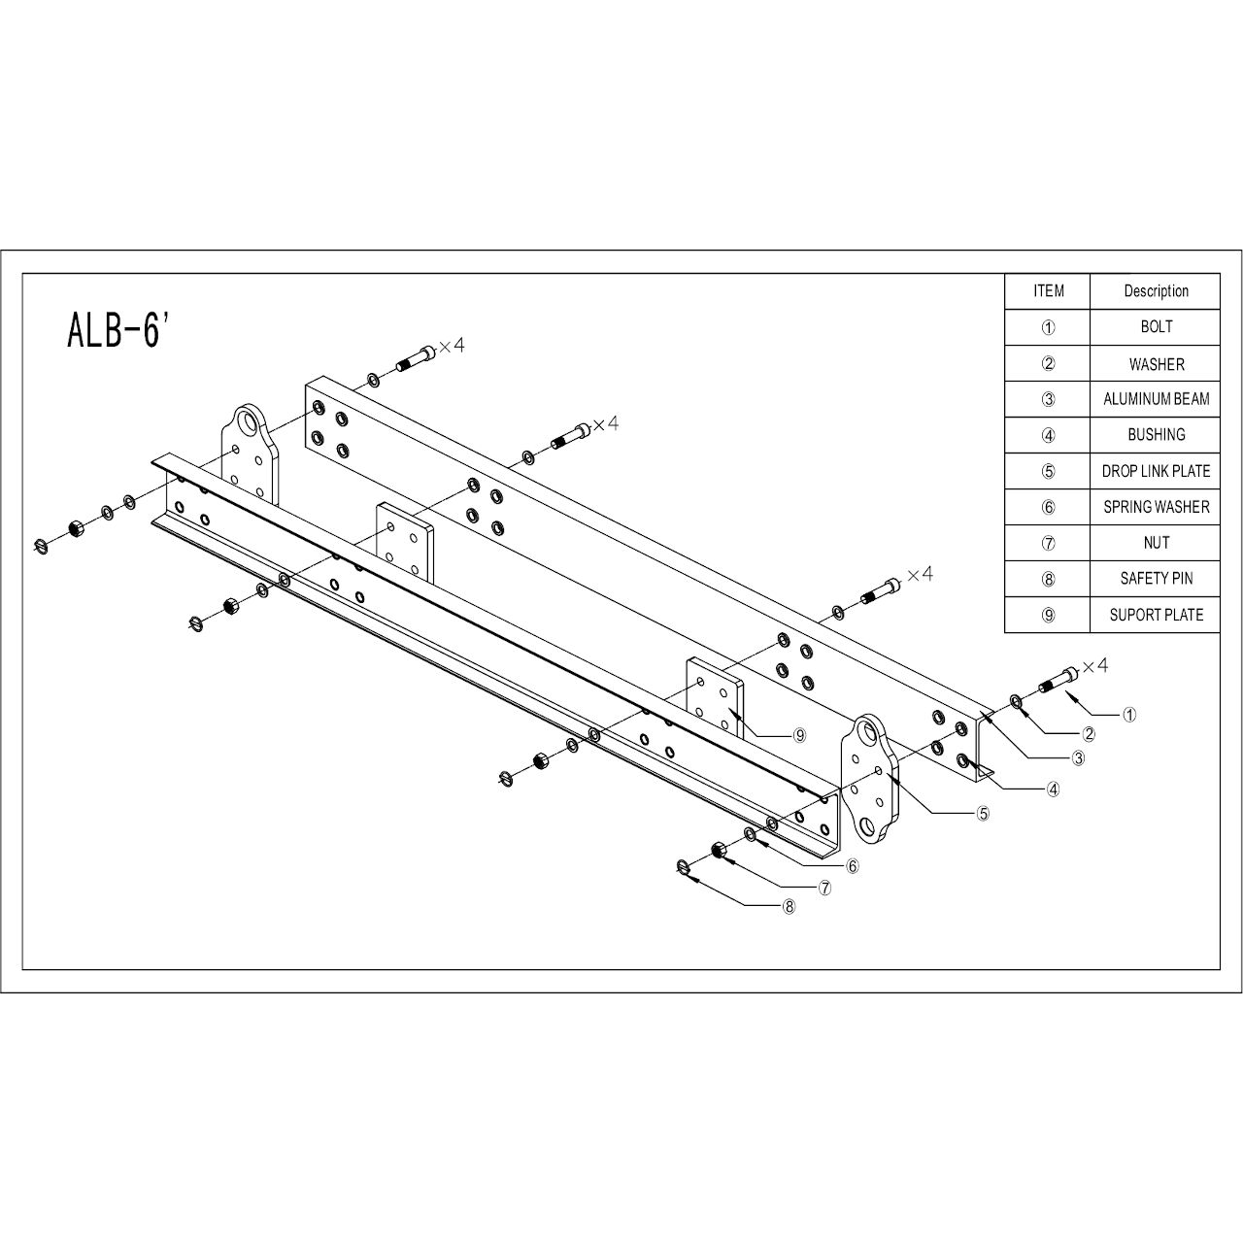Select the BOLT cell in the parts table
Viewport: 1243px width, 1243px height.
pos(1156,327)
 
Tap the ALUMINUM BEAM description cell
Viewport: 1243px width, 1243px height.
pos(1156,399)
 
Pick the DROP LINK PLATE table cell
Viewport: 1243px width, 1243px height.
pos(1156,471)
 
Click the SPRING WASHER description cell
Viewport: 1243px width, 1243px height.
pos(1156,507)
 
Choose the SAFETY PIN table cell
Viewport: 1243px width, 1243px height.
pos(1156,579)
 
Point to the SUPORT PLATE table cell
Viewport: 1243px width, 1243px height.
pos(1156,615)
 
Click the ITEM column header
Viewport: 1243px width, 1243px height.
pos(1048,291)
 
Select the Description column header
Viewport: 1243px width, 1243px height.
pos(1156,291)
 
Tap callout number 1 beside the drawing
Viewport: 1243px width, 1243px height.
pos(1129,715)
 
